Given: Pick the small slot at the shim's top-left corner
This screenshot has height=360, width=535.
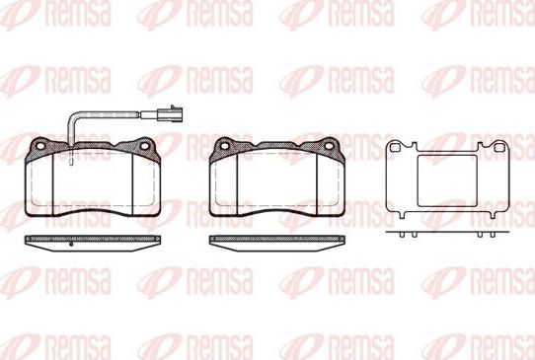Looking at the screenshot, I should [399, 149].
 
